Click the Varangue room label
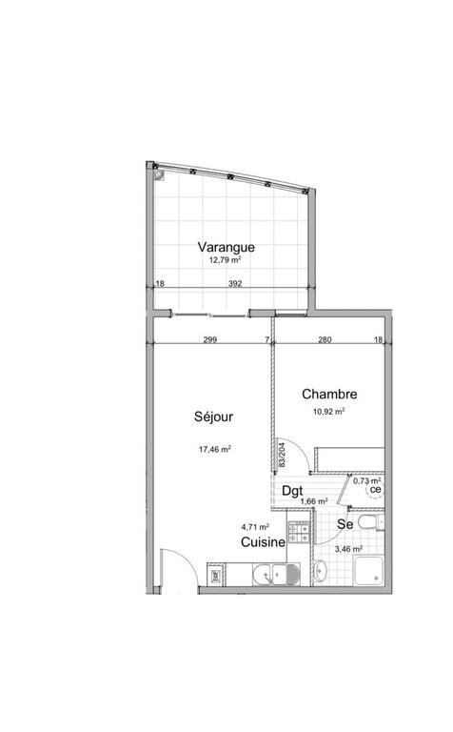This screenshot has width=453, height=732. [x=226, y=248]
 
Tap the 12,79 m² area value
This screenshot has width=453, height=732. [x=226, y=260]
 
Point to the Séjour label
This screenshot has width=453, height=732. [x=213, y=417]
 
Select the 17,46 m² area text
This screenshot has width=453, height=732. [x=215, y=450]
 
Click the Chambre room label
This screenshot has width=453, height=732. [x=329, y=394]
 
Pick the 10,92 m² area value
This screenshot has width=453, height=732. [x=329, y=412]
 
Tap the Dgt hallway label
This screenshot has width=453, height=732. [x=293, y=491]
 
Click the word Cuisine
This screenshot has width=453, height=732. [x=263, y=542]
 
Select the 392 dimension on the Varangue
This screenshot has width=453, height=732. [x=235, y=283]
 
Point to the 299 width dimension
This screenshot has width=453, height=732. [x=210, y=340]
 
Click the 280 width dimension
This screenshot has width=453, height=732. [x=325, y=340]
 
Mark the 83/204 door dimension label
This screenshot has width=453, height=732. [x=282, y=456]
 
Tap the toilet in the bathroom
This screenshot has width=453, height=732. [x=371, y=522]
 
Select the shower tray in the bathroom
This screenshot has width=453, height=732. [x=369, y=571]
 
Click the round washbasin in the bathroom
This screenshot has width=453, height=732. [x=320, y=570]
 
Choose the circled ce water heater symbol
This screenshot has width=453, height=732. [x=376, y=490]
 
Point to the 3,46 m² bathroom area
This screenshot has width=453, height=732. [x=348, y=549]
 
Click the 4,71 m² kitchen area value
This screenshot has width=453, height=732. [x=255, y=527]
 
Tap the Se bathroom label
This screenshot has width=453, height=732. [x=345, y=524]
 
